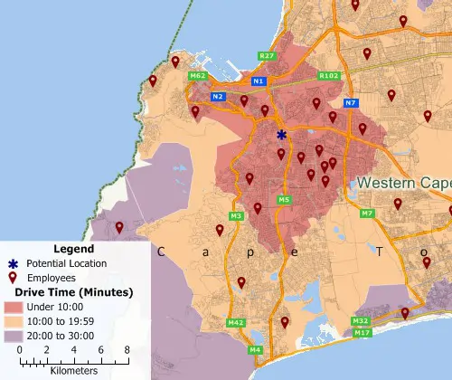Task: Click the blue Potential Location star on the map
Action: tap(281, 135)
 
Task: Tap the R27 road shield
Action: tap(267, 56)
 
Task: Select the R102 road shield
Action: tap(329, 76)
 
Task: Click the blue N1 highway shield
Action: tap(259, 81)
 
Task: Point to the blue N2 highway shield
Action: tap(217, 96)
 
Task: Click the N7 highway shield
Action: tap(351, 102)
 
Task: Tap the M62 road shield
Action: tap(198, 76)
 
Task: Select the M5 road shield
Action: tap(284, 200)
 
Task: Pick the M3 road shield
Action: tap(237, 216)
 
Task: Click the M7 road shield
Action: tap(367, 214)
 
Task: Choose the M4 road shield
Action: tap(256, 349)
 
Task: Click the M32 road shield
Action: tap(360, 321)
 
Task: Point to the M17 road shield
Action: tap(363, 333)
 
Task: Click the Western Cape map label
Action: tap(403, 183)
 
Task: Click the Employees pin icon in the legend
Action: tap(14, 278)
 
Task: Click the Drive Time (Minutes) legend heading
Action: tap(69, 292)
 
